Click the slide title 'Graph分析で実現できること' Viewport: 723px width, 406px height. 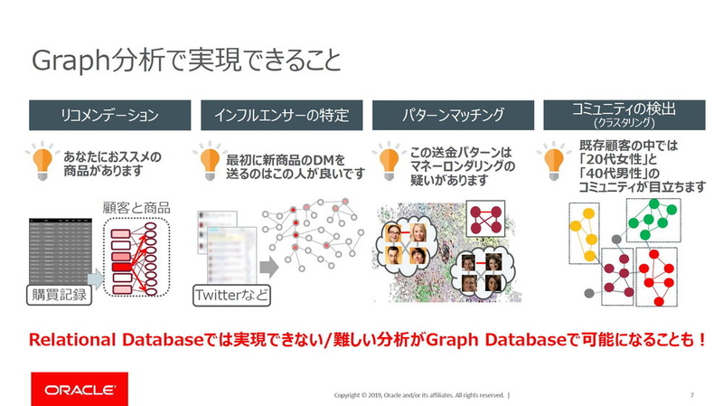[x=187, y=61]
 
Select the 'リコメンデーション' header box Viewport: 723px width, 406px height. [x=109, y=116]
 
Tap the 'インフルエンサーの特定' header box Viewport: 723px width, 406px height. [x=281, y=116]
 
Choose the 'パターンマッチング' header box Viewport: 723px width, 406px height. [x=452, y=116]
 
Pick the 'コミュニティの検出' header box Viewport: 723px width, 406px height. [x=624, y=116]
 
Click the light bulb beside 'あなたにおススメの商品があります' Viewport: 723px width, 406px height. [x=42, y=160]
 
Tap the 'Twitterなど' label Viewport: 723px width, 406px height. [x=230, y=294]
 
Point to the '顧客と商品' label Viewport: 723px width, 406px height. [x=136, y=208]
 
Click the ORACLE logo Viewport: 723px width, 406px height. [x=80, y=389]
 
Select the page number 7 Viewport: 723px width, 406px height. [x=691, y=395]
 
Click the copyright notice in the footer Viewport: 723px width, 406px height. [x=420, y=395]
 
